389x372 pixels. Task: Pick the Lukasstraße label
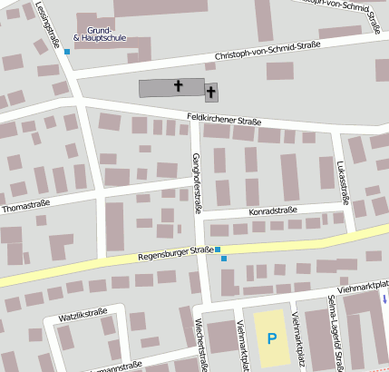pos(342,177)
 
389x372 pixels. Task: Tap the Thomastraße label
pos(25,206)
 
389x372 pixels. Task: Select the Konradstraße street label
pos(273,210)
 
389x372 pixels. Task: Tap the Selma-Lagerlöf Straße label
pos(334,335)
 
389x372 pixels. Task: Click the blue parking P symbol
pos(271,338)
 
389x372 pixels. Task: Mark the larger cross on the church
pos(178,87)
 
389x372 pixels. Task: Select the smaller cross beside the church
pos(211,92)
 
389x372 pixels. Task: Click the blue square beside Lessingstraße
pos(67,51)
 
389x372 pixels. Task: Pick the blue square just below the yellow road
pos(224,259)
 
